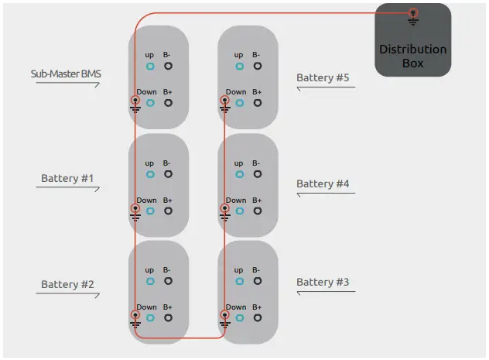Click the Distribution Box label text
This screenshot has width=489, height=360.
412,56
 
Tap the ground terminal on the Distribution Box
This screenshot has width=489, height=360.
413,13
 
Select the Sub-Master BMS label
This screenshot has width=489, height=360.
67,74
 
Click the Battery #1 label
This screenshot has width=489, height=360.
67,179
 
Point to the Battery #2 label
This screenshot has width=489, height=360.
67,284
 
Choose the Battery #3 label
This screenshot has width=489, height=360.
323,282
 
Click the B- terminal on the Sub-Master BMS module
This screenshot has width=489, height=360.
168,67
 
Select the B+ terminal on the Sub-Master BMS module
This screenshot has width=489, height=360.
168,103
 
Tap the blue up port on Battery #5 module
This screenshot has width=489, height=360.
240,67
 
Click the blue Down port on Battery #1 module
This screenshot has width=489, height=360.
150,211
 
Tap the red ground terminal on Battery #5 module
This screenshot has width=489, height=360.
225,101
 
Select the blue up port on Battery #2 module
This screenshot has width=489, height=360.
150,282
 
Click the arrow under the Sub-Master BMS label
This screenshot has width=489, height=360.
67,84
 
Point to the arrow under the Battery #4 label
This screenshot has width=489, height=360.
325,194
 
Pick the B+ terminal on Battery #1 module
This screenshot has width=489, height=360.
168,211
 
